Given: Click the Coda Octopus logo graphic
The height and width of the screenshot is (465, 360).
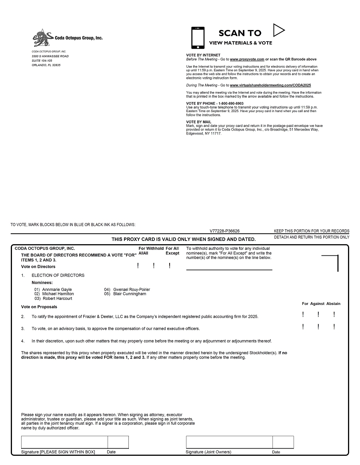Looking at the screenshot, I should click(x=43, y=38).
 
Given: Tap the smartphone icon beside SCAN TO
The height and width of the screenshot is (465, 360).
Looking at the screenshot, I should click(x=198, y=37).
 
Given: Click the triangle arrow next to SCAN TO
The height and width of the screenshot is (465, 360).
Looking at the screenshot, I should click(x=278, y=30).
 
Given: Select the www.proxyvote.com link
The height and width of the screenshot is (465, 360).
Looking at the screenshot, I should click(x=247, y=59).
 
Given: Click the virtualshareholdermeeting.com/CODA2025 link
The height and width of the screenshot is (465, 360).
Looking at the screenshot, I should click(x=270, y=85).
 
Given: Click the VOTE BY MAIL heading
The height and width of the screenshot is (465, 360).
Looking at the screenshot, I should click(x=199, y=122).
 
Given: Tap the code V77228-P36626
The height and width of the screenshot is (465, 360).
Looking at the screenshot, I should click(x=225, y=231).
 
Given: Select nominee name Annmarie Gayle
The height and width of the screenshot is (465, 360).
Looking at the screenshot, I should click(x=57, y=289).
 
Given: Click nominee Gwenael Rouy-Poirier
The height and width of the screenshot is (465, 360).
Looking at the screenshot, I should click(x=132, y=289).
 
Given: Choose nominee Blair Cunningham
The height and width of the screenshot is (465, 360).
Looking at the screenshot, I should click(x=130, y=294).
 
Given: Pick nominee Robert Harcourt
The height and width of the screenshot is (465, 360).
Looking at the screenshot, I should click(x=58, y=299).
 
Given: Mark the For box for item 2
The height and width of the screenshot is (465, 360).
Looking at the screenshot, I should click(x=303, y=315).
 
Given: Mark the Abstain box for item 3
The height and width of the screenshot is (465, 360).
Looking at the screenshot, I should click(x=334, y=327).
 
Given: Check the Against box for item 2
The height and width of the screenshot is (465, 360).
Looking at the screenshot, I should click(x=318, y=315).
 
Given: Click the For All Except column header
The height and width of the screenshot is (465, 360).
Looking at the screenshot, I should click(x=172, y=251).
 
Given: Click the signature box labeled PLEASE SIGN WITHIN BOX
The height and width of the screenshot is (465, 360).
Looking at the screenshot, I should click(x=64, y=442).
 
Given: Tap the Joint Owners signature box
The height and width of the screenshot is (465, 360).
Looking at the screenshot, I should click(x=229, y=442).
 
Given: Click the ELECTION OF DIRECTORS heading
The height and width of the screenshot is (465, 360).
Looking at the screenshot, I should click(x=58, y=275).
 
